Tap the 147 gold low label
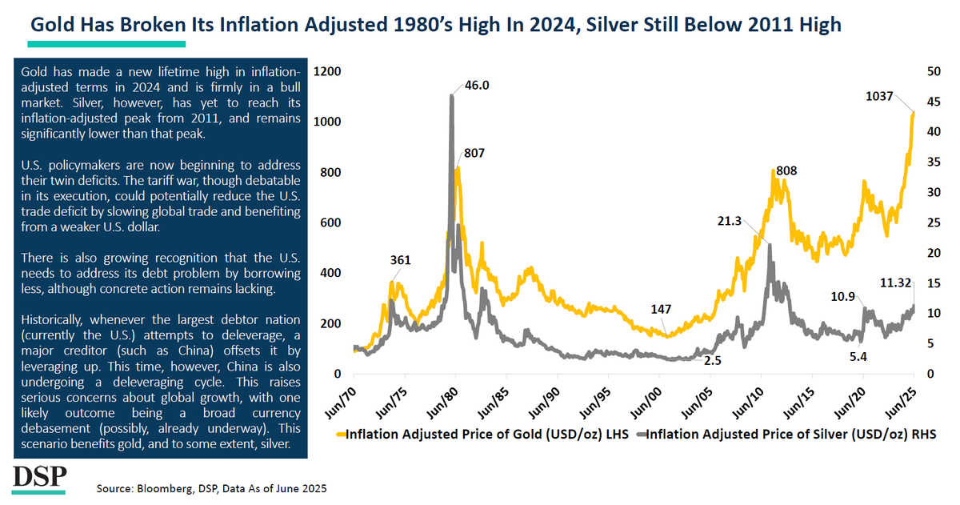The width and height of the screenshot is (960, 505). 662,309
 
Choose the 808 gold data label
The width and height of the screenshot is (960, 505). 786,170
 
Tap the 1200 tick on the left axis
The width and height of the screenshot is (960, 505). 328,71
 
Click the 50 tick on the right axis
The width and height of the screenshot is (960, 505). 933,71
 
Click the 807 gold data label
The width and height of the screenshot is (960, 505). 474,153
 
